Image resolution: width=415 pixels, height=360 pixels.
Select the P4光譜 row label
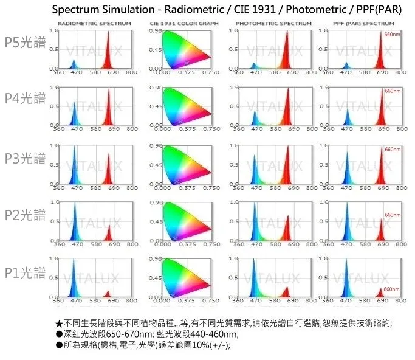point(25,99)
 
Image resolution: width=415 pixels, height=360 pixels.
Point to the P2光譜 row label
point(25,215)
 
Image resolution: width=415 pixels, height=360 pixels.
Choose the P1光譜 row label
point(25,272)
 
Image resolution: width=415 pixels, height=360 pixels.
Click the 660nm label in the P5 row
point(392,35)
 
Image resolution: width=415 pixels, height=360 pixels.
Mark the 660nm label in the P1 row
point(392,289)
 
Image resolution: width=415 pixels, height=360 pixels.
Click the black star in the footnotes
point(59,323)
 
